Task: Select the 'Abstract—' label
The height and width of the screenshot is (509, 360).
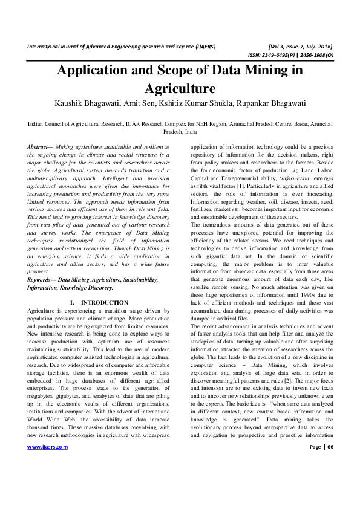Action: point(41,147)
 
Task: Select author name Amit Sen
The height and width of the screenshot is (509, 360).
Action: point(143,103)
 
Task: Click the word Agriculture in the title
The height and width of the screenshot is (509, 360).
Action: point(180,88)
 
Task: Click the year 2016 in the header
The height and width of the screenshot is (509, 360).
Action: point(321,47)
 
